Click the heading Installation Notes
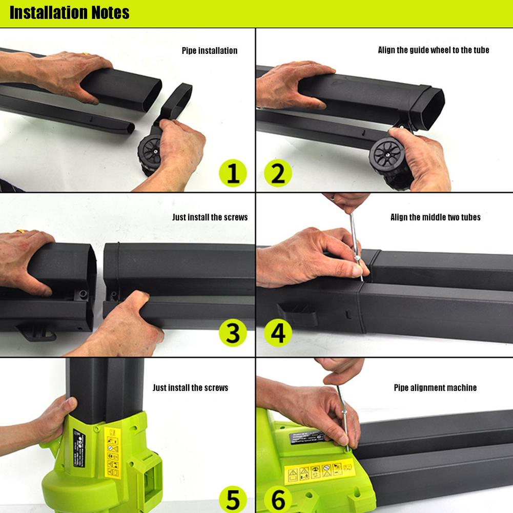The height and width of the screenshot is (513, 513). click(x=69, y=12)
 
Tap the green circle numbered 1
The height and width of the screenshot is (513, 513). click(x=233, y=174)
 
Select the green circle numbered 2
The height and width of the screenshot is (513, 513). click(x=278, y=174)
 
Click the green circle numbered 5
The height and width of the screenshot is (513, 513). click(x=233, y=498)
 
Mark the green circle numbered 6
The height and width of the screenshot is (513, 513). click(x=278, y=498)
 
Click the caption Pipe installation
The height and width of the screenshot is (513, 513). click(x=210, y=51)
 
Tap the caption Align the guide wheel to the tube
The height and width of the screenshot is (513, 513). click(x=434, y=50)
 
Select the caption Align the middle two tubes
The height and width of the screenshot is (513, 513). click(x=436, y=217)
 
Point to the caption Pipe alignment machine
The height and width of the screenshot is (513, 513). click(x=435, y=388)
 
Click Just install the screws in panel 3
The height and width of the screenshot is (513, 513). click(x=210, y=217)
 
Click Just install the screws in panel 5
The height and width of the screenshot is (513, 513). click(x=190, y=388)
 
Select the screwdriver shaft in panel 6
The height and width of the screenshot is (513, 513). click(x=342, y=415)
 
